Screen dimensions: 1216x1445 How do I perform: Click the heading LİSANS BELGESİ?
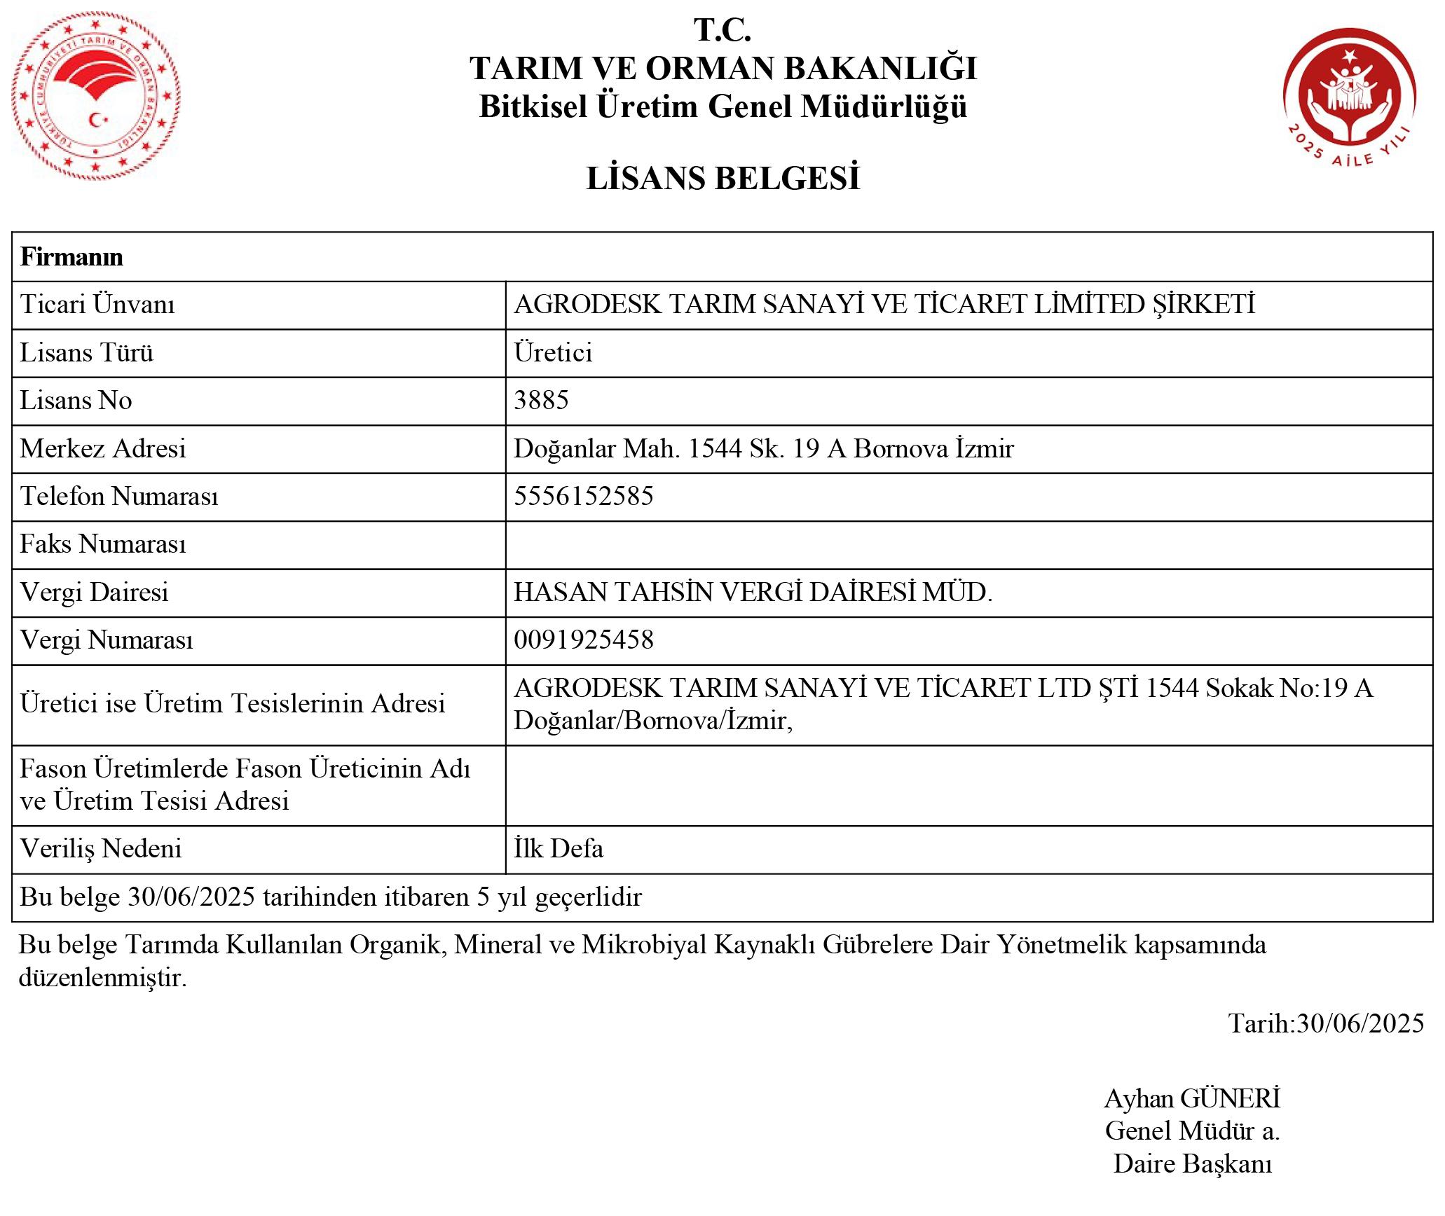tap(722, 179)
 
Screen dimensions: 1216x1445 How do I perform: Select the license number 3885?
tap(541, 400)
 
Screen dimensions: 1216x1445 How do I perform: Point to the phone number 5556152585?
tap(583, 496)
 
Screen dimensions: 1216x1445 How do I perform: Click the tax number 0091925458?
tap(583, 640)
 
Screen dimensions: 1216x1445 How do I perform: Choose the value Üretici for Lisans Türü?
tap(553, 352)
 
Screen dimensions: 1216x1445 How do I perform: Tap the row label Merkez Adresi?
tap(103, 448)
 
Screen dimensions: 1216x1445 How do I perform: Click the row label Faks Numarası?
tap(103, 544)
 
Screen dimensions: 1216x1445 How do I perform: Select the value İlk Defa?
tap(558, 849)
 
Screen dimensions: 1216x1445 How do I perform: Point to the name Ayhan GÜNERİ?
tap(1192, 1098)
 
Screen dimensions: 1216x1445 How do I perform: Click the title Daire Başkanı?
tap(1192, 1163)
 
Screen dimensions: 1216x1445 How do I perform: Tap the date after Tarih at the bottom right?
tap(1360, 1023)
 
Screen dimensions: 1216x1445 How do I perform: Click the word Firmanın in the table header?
tap(71, 257)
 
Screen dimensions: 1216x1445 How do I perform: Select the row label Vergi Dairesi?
tap(95, 593)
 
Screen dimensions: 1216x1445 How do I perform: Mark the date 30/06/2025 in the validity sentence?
tap(191, 897)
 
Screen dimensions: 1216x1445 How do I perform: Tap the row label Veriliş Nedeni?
tap(101, 849)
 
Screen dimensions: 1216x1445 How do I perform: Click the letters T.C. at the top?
tap(722, 30)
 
